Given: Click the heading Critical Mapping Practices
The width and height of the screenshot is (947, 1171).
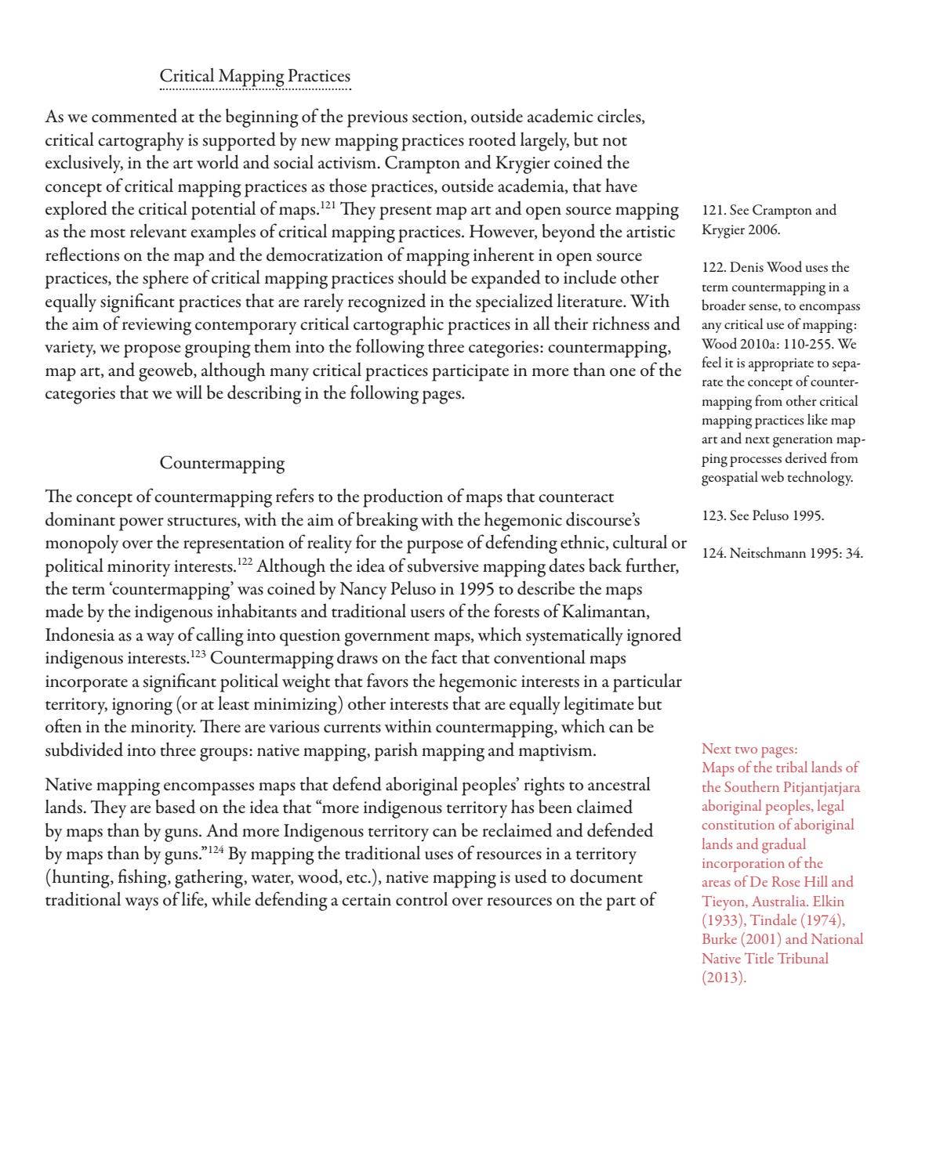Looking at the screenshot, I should tap(255, 76).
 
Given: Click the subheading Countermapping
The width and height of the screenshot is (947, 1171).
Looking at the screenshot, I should tap(222, 463).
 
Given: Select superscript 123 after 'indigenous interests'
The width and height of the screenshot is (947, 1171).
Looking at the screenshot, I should tap(198, 653).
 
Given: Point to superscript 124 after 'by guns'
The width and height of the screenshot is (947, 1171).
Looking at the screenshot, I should tap(216, 849).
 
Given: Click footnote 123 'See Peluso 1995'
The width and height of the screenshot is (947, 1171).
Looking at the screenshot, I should tap(762, 515).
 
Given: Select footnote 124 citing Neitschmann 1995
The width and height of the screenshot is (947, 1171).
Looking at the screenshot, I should tap(782, 553).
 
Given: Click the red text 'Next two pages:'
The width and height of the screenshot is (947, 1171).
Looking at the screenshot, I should tap(749, 749).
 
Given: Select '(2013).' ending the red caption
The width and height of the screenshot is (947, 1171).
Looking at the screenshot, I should tap(724, 978).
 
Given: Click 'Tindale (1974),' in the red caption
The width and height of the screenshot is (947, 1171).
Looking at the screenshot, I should tap(796, 920).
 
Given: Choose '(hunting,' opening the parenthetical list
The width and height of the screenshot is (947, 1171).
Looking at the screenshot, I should tap(78, 877).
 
